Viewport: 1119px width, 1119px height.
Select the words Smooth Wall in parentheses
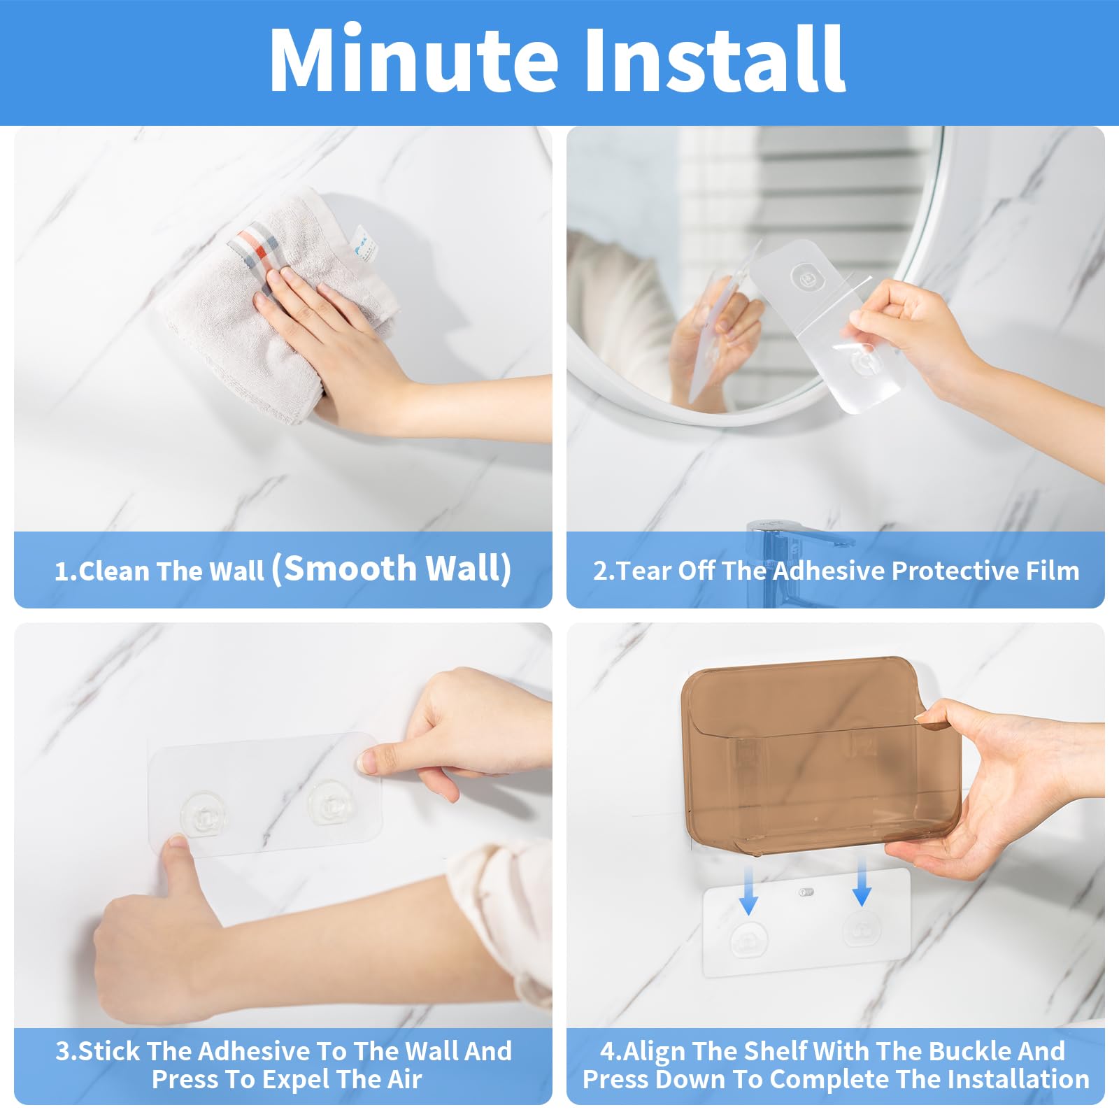[x=398, y=568]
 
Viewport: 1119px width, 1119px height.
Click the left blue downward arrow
[x=748, y=888]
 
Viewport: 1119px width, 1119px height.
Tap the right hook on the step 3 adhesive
[x=330, y=801]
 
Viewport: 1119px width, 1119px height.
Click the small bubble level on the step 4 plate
[x=806, y=892]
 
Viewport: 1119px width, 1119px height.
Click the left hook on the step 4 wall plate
[x=748, y=939]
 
